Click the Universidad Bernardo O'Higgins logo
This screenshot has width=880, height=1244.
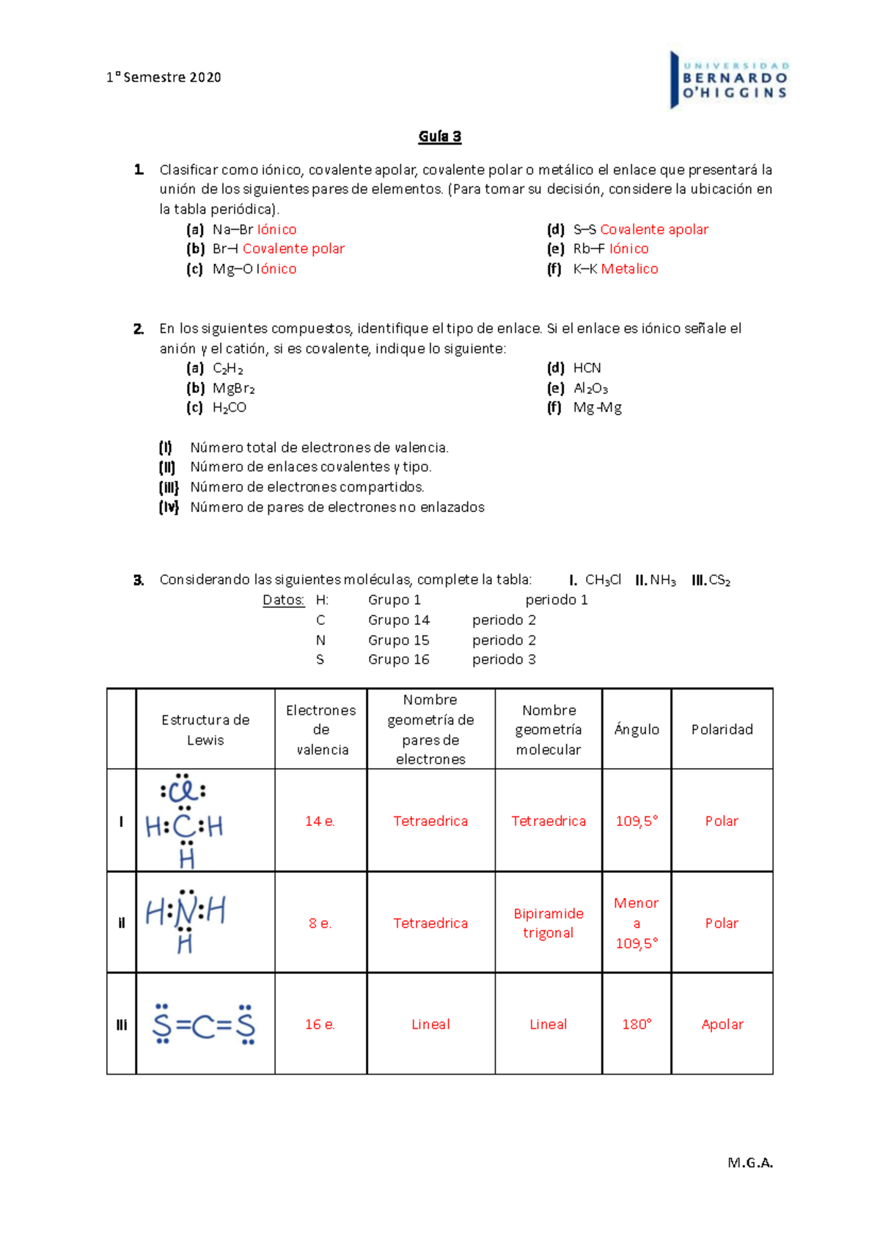(x=729, y=80)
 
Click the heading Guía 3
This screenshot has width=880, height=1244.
(x=440, y=136)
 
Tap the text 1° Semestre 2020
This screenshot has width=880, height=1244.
(x=164, y=77)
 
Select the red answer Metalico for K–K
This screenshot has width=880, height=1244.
(x=629, y=269)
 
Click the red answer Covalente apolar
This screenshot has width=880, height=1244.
(x=654, y=230)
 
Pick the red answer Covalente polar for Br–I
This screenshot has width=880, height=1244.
(x=293, y=249)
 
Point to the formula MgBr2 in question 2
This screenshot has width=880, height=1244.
(x=233, y=389)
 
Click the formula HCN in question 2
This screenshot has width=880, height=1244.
(x=587, y=368)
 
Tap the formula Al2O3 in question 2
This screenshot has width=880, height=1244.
(x=590, y=389)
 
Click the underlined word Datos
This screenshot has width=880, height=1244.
(x=283, y=600)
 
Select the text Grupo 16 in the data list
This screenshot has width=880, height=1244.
(x=398, y=659)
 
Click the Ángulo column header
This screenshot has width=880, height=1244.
(x=637, y=729)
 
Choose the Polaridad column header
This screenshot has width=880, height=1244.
(x=722, y=729)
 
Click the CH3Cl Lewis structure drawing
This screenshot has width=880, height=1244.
(x=185, y=820)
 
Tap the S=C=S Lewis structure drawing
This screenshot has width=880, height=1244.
(x=204, y=1025)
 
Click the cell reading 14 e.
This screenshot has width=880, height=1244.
(x=320, y=822)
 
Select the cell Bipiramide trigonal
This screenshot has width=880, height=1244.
(x=549, y=923)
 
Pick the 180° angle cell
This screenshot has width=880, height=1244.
(x=637, y=1025)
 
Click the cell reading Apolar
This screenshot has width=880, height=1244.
(x=722, y=1025)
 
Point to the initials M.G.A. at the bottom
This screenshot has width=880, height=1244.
(x=749, y=1163)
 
